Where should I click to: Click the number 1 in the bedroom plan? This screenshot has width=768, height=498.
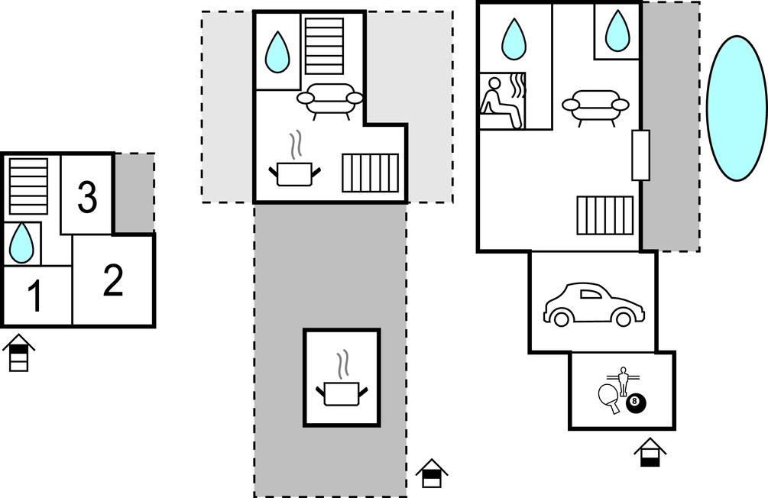(x=34, y=297)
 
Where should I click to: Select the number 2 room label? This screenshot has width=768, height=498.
(x=112, y=280)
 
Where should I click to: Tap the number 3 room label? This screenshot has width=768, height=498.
(x=87, y=197)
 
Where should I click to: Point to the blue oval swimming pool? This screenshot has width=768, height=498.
(x=736, y=108)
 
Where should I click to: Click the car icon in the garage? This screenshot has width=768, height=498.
(x=594, y=305)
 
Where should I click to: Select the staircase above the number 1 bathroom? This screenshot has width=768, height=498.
(x=28, y=186)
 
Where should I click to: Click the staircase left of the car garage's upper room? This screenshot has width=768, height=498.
(x=605, y=216)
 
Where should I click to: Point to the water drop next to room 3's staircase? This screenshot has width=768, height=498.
(x=22, y=242)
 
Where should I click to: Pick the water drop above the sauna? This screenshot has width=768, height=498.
(x=514, y=39)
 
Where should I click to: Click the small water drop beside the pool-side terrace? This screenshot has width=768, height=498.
(x=617, y=31)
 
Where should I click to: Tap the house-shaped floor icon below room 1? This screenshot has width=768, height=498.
(x=18, y=353)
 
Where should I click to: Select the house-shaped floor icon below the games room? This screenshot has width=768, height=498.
(x=650, y=451)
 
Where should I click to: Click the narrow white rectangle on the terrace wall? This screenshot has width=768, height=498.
(x=641, y=155)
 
